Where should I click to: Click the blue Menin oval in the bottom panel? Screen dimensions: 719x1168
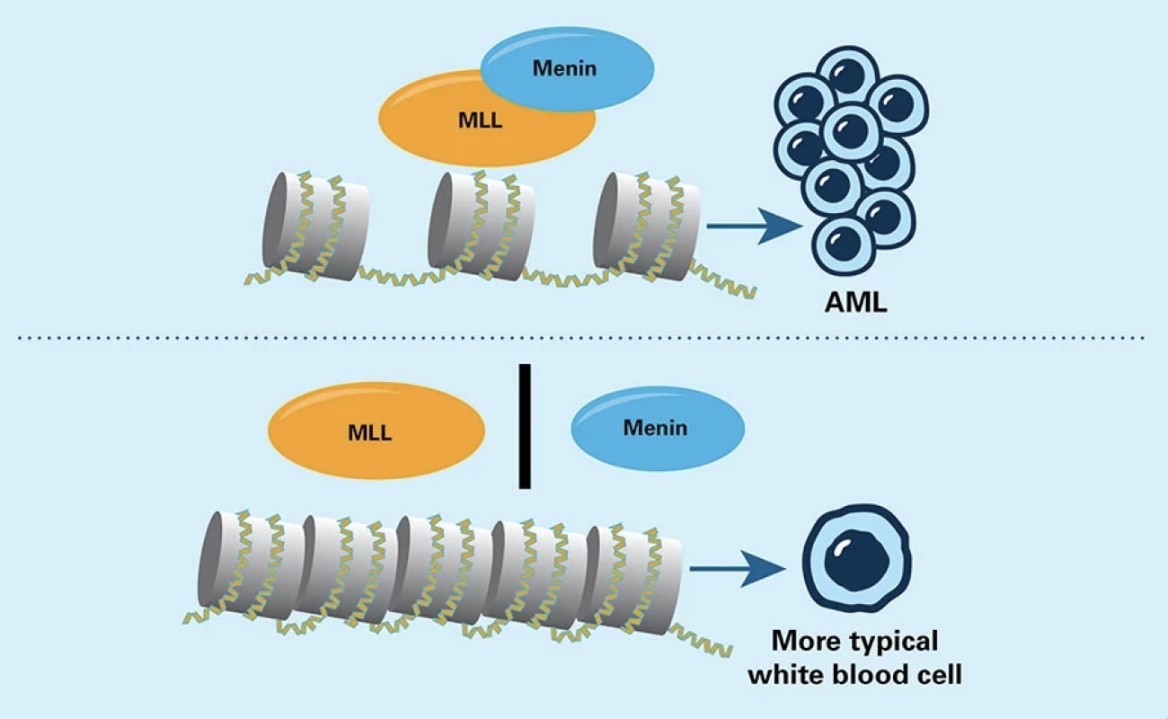pos(657,428)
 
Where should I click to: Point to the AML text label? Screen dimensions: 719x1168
pos(855,302)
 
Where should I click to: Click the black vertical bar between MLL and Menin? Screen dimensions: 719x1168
pos(524,426)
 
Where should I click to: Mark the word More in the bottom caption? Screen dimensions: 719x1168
pos(801,643)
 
